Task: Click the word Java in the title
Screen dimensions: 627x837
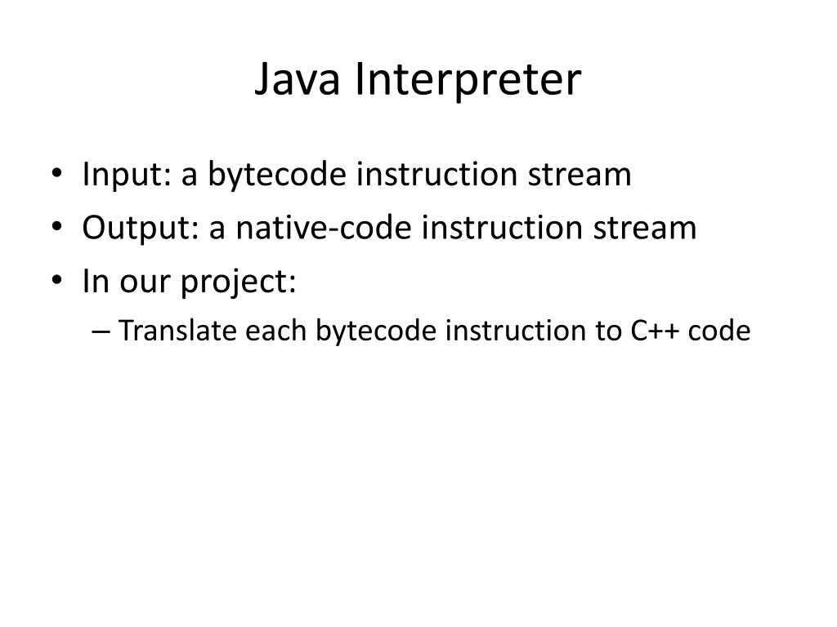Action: click(x=297, y=81)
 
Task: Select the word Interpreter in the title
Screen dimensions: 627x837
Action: click(x=468, y=81)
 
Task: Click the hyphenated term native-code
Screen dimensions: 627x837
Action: click(x=325, y=228)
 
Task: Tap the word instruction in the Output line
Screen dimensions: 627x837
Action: click(x=502, y=228)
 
